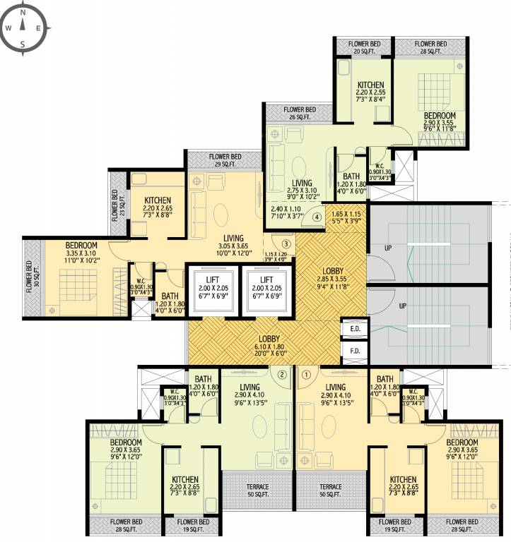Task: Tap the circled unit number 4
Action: [x=317, y=217]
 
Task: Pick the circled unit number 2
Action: [x=283, y=375]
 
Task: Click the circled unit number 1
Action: [x=306, y=375]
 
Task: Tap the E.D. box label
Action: [x=353, y=328]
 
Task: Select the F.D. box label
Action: [x=353, y=349]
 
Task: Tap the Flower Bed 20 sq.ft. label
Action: [x=363, y=47]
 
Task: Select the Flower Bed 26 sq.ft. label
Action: [x=300, y=113]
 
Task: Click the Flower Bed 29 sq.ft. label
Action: [x=224, y=160]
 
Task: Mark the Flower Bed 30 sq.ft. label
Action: [x=30, y=277]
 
